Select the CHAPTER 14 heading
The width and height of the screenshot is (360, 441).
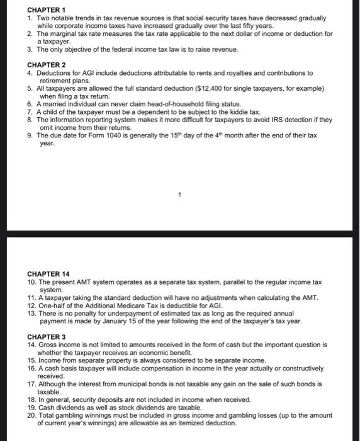click(x=48, y=274)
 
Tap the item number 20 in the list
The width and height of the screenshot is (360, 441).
click(x=31, y=416)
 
